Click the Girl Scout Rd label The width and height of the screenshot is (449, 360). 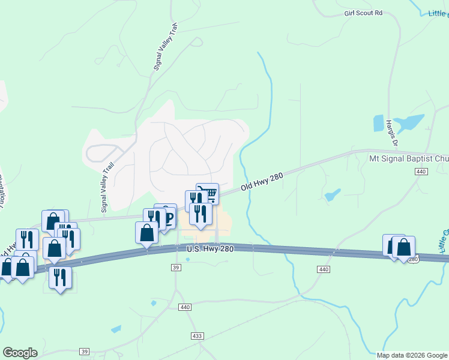(363, 13)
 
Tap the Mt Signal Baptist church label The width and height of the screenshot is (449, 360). (408, 159)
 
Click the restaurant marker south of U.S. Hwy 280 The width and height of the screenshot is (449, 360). (60, 277)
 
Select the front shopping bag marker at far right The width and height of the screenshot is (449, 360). (403, 247)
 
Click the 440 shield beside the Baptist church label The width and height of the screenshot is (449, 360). (420, 172)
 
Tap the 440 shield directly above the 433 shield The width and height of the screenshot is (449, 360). (185, 307)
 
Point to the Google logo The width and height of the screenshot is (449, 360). (20, 353)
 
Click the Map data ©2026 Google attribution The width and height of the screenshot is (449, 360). (412, 355)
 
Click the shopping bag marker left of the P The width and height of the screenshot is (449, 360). (146, 233)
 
